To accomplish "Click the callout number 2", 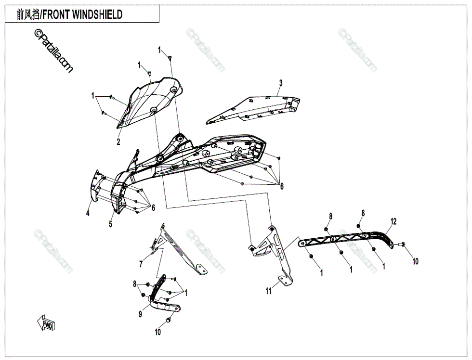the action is click(x=118, y=141).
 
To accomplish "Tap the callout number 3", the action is click(x=280, y=83).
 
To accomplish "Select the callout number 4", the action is click(x=88, y=213).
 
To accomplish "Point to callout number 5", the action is click(x=110, y=224).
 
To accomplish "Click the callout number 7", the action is click(x=141, y=264).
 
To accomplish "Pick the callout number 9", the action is click(x=140, y=314).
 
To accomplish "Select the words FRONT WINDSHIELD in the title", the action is click(x=82, y=15).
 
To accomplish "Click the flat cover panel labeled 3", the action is click(x=255, y=110).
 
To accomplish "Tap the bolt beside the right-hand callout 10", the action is click(x=402, y=245).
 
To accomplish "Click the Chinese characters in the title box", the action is click(x=28, y=15).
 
